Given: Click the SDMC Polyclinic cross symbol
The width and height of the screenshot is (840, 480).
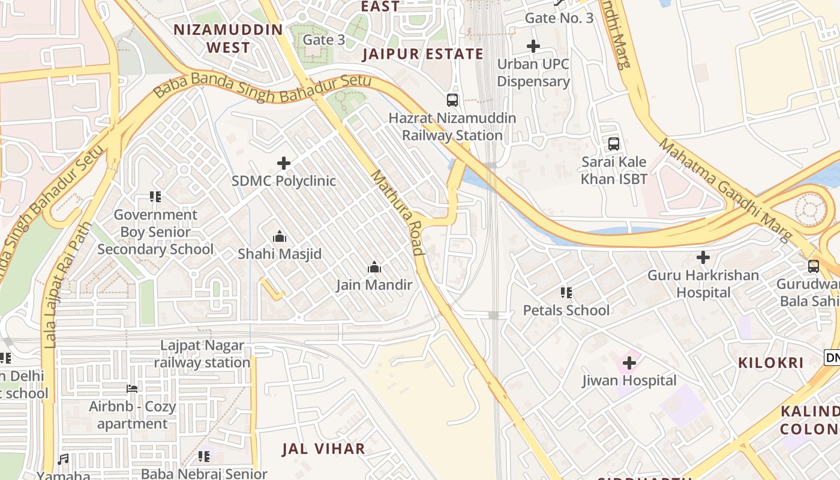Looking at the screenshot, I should click(284, 163).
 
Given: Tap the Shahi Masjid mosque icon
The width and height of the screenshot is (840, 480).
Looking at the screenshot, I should click(280, 237).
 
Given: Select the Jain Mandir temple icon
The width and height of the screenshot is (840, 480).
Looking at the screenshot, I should click(374, 267).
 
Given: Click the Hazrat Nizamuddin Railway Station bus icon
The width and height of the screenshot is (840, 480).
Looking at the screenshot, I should click(452, 100).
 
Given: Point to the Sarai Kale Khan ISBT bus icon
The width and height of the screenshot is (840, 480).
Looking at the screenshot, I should click(614, 144).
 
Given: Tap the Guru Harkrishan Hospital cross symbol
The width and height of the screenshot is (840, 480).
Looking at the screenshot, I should click(703, 258).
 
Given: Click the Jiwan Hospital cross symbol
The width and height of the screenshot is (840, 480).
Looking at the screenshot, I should click(629, 363).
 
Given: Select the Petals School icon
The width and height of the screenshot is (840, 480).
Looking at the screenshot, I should click(566, 293).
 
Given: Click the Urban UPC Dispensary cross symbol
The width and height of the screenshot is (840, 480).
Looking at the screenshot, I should click(533, 46).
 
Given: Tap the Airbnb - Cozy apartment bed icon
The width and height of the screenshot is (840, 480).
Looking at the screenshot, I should click(132, 389).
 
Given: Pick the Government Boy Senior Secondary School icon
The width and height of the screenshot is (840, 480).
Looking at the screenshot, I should click(155, 197).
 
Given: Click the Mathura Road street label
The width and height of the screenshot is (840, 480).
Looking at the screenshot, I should click(398, 213).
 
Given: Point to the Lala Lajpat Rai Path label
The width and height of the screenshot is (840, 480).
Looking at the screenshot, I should click(67, 285).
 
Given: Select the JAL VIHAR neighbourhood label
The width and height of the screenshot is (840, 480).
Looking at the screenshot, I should click(323, 449).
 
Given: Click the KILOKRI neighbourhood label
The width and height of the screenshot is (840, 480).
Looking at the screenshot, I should click(770, 362).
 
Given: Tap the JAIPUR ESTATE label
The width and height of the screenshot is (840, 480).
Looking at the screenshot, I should click(423, 54).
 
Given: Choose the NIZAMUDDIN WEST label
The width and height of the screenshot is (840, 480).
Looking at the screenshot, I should click(228, 38).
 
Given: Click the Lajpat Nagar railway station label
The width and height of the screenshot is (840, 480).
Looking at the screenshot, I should click(202, 354).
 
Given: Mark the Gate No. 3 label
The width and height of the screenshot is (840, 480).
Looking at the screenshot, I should click(559, 18).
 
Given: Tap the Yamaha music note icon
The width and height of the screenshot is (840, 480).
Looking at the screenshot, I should click(63, 460).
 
